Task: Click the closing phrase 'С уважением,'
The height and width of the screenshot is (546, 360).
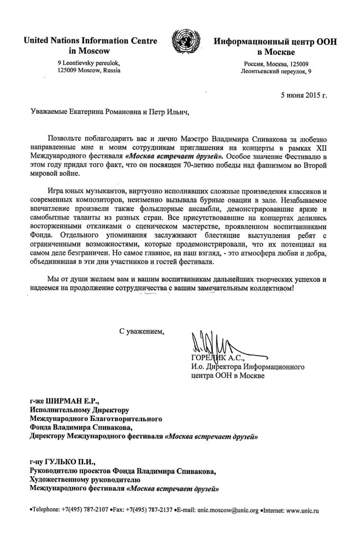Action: tap(141, 330)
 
